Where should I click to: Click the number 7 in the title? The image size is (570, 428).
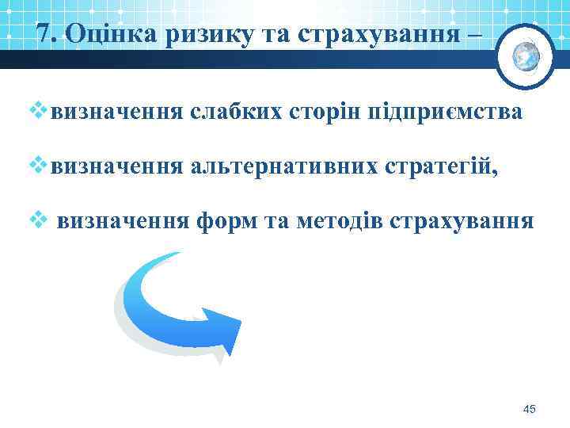tap(44, 33)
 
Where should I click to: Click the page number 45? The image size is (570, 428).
tap(530, 409)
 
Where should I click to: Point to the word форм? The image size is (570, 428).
tap(223, 221)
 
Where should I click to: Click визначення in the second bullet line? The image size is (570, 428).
tap(116, 167)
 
